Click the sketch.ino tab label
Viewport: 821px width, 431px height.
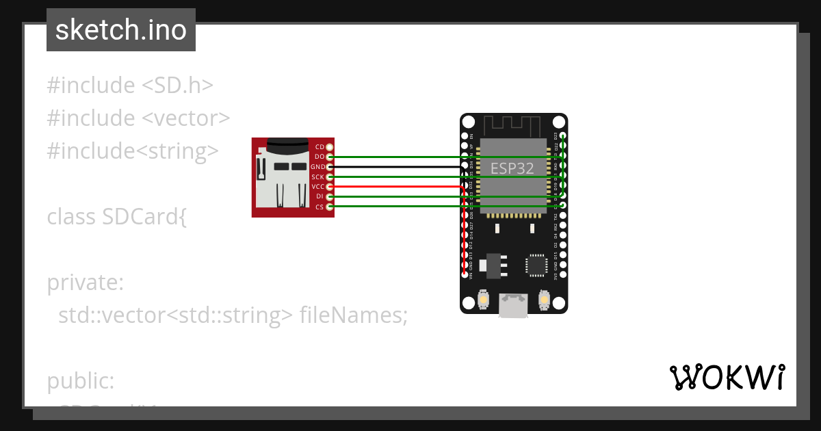click(121, 30)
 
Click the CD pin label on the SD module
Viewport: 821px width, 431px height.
click(320, 147)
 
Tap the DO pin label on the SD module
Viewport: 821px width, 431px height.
click(320, 157)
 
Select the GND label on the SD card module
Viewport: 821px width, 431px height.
click(317, 167)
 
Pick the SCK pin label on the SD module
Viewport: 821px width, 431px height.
click(318, 177)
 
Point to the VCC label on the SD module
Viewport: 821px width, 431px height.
click(317, 187)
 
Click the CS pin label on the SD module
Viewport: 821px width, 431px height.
click(320, 207)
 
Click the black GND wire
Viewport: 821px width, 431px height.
click(397, 166)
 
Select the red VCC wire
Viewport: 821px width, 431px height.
click(397, 186)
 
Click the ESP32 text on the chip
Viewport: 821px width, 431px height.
click(512, 168)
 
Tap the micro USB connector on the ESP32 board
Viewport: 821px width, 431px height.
click(513, 305)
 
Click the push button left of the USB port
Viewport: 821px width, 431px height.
click(484, 300)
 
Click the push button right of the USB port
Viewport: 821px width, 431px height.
click(545, 300)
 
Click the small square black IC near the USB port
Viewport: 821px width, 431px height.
click(536, 265)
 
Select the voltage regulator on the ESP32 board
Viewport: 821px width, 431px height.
click(492, 265)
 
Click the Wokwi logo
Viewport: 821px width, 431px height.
click(727, 378)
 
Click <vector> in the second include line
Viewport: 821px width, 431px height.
click(186, 118)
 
